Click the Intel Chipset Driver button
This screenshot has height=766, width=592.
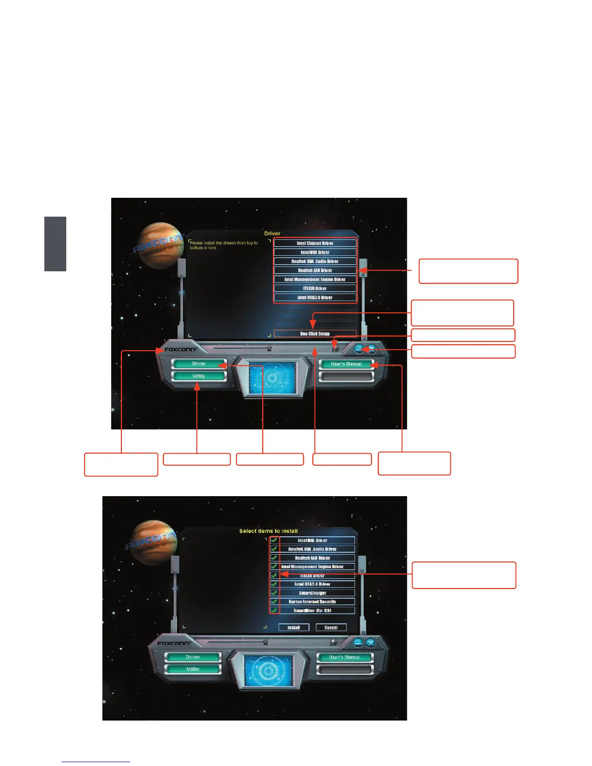315,243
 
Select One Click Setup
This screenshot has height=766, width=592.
315,334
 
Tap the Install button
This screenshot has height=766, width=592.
294,628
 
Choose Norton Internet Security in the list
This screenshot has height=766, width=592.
312,602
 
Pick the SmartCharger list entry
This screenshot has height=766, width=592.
312,593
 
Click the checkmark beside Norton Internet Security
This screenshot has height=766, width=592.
274,602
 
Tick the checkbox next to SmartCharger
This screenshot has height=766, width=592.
274,593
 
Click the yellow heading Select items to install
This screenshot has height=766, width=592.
268,531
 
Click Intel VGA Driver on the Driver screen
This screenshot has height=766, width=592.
315,252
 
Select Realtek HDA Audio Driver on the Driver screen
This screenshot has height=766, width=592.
315,261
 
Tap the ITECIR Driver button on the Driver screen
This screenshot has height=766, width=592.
315,288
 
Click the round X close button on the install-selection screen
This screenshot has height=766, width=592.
370,643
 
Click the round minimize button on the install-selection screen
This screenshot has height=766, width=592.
358,643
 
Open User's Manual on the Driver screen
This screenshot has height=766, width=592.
346,364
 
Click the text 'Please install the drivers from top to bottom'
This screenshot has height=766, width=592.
223,245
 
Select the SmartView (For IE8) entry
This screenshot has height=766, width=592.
312,611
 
